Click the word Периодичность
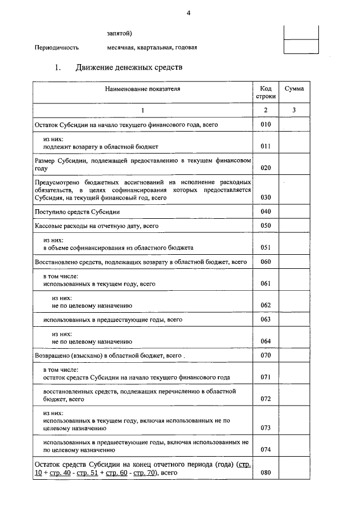pos(57,47)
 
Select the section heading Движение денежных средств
pos(129,68)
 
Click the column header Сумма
pos(294,89)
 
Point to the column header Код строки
pos(266,93)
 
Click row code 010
pos(266,124)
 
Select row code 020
pos(266,168)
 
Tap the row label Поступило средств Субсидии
pos(77,211)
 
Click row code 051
pos(266,247)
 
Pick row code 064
pos(266,341)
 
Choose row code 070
pos(266,355)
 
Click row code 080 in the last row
pos(266,472)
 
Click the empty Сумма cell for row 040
pos(294,211)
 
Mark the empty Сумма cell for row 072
pos(294,395)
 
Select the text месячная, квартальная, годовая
pos(152,47)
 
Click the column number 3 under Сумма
pos(294,110)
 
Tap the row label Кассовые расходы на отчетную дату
pos(96,226)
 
